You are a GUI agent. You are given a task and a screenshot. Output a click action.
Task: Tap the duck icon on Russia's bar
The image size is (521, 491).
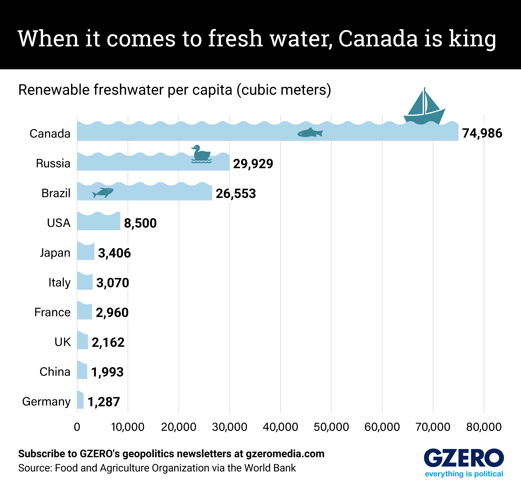(x=201, y=154)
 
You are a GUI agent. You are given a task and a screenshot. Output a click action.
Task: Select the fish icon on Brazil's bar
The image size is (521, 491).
(x=103, y=193)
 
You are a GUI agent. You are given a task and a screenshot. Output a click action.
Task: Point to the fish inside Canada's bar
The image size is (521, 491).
(x=310, y=133)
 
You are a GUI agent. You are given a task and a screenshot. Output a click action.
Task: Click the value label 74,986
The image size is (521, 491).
(x=482, y=133)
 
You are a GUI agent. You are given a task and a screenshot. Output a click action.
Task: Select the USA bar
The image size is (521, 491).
(x=99, y=221)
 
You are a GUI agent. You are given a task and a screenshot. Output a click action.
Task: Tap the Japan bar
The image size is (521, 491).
(x=86, y=252)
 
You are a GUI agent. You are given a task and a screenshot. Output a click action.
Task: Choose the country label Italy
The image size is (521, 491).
(x=60, y=283)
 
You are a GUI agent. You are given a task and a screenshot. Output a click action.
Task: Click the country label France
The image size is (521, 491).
(x=52, y=312)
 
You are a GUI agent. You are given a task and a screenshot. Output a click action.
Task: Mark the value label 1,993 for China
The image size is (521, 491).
(x=107, y=372)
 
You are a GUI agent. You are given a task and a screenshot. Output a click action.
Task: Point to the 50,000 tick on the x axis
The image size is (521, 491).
(x=331, y=427)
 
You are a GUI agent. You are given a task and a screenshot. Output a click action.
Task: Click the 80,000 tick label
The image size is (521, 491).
(x=484, y=427)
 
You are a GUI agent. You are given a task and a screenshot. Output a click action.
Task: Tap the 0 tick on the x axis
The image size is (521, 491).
(x=77, y=427)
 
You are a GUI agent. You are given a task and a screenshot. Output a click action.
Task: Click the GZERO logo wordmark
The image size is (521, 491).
(x=464, y=458)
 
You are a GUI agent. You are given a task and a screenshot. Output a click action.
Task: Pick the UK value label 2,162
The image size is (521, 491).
(x=108, y=342)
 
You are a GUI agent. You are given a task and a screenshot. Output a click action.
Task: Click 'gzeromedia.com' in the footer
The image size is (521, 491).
(x=285, y=454)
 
